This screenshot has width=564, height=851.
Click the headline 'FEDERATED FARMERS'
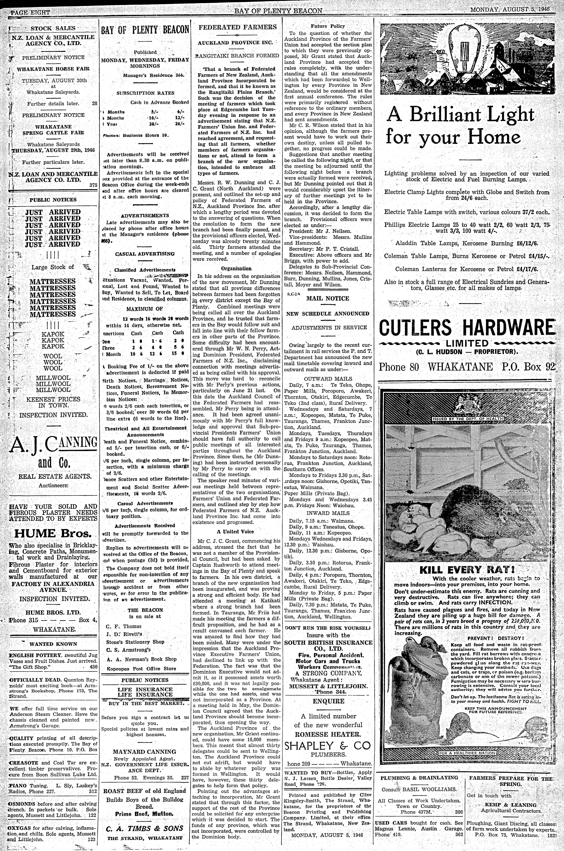[238, 27]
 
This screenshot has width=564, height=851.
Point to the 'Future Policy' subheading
[328, 26]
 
